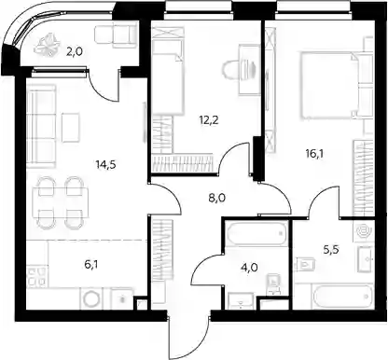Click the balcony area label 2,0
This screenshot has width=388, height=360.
coord(74,51)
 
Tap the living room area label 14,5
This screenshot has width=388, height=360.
coord(106,164)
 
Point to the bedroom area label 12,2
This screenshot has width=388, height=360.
coord(209,119)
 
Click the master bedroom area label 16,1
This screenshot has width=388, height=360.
coord(314,153)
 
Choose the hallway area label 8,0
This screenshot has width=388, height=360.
coord(217,198)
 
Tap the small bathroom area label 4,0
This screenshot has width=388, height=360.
coord(249,267)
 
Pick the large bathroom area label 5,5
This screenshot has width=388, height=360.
coord(331,249)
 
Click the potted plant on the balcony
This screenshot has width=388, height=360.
coord(48,45)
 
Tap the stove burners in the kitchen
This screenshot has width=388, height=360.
coord(36,277)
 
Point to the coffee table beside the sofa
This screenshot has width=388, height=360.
coord(71,128)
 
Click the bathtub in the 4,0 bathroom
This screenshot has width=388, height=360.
coord(256,233)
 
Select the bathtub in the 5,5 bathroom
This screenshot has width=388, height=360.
coord(342,297)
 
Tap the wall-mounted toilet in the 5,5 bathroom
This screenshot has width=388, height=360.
coord(306,265)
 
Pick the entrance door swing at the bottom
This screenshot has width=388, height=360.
coord(188,336)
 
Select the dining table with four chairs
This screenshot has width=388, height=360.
coord(61,202)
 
